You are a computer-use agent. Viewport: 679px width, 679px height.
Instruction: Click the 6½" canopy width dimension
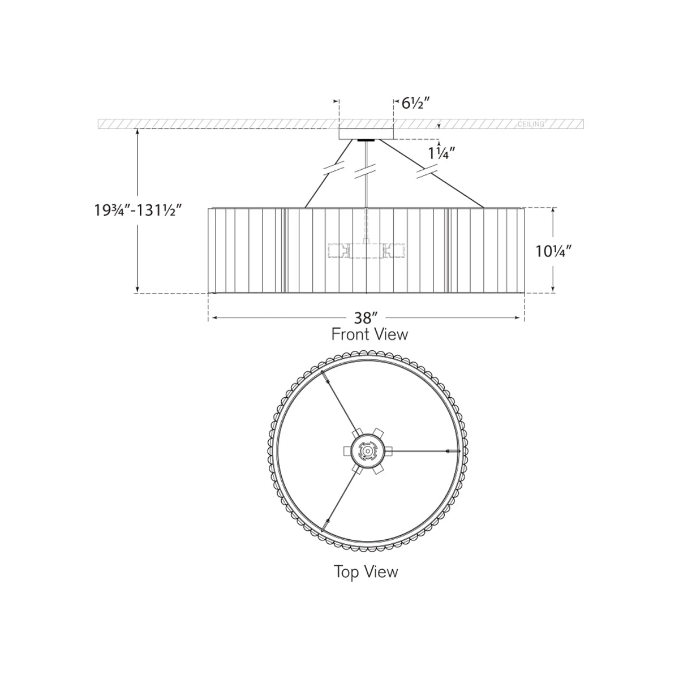(416, 103)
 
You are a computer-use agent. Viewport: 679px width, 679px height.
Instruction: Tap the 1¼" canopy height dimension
(439, 153)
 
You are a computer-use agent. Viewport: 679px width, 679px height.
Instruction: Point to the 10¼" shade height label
(553, 251)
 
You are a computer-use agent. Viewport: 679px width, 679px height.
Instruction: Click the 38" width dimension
(363, 318)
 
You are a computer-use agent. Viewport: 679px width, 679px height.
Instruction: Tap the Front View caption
(369, 334)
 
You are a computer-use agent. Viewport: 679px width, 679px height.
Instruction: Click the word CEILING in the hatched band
(531, 124)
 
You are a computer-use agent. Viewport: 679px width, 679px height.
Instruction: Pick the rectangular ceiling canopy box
(366, 134)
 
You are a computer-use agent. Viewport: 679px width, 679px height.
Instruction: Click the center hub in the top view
(367, 451)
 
